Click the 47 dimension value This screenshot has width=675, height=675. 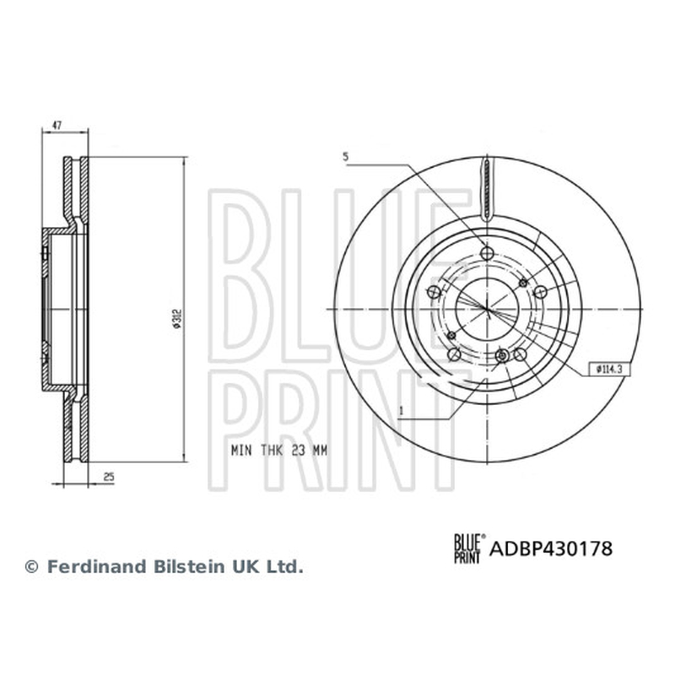click(57, 125)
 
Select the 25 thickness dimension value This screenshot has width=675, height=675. click(109, 477)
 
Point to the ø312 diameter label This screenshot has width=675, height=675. click(177, 319)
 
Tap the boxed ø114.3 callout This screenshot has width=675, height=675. click(606, 369)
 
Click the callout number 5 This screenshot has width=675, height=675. click(345, 157)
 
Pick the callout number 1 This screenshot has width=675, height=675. click(402, 411)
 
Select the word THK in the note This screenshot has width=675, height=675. click(272, 451)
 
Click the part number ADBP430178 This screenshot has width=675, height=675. click(551, 548)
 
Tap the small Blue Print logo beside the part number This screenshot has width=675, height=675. click(470, 548)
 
